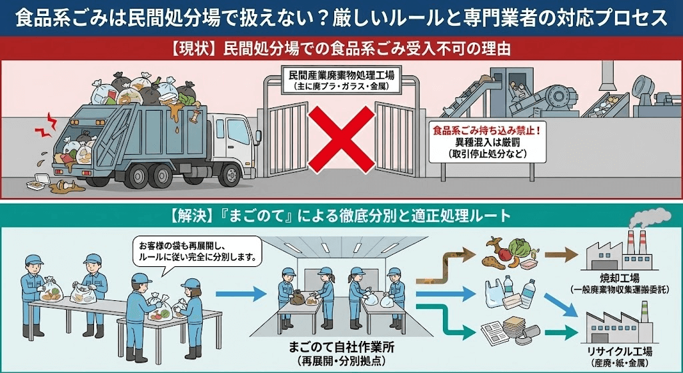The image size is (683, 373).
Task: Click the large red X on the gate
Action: click(x=341, y=137)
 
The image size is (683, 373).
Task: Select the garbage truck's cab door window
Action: click(x=235, y=131)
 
